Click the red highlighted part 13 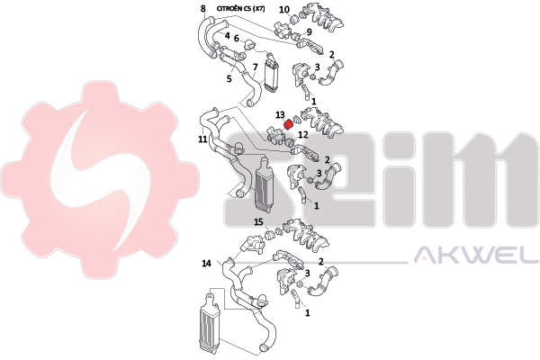point(288,124)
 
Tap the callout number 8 point(203,8)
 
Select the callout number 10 point(284,10)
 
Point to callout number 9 point(309,32)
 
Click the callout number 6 point(236,38)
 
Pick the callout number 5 point(229,78)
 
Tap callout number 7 point(255,67)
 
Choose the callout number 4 point(227,35)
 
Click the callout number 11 point(202,139)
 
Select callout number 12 point(303,135)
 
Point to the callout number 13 point(280,114)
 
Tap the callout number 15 point(258,222)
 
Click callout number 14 point(206,264)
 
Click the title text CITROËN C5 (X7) point(240,9)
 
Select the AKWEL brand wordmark point(476,255)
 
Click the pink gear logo point(100,180)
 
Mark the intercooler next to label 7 point(271,76)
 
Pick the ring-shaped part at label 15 point(270,235)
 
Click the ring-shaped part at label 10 point(295,19)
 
